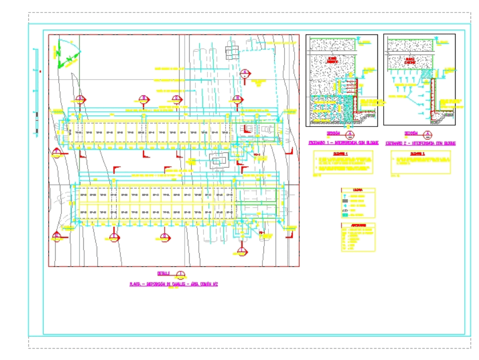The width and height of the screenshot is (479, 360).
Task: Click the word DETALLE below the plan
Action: pos(163,274)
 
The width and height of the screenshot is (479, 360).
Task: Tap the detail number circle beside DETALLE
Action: pos(180,275)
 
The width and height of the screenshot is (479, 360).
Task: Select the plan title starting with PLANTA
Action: pos(174,284)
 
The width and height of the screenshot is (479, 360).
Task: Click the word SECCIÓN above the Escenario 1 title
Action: pos(333,134)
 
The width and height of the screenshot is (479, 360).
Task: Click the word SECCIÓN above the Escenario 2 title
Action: pos(411,134)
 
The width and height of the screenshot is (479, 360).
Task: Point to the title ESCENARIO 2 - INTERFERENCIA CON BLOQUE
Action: pos(421,143)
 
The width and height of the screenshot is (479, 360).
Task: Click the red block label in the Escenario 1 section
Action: pos(332,60)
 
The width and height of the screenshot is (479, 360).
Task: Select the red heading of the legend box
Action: pos(358,190)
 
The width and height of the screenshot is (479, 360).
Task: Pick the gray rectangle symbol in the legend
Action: pos(345,201)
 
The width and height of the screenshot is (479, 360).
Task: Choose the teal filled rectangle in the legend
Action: pos(345,215)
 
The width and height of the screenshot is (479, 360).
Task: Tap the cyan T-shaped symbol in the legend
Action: pos(345,196)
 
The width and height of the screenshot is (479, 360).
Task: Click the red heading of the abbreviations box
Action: pos(358,225)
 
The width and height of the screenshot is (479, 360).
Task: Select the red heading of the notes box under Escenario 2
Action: pos(421,154)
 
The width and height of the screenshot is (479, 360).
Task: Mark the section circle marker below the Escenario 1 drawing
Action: pos(351,134)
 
